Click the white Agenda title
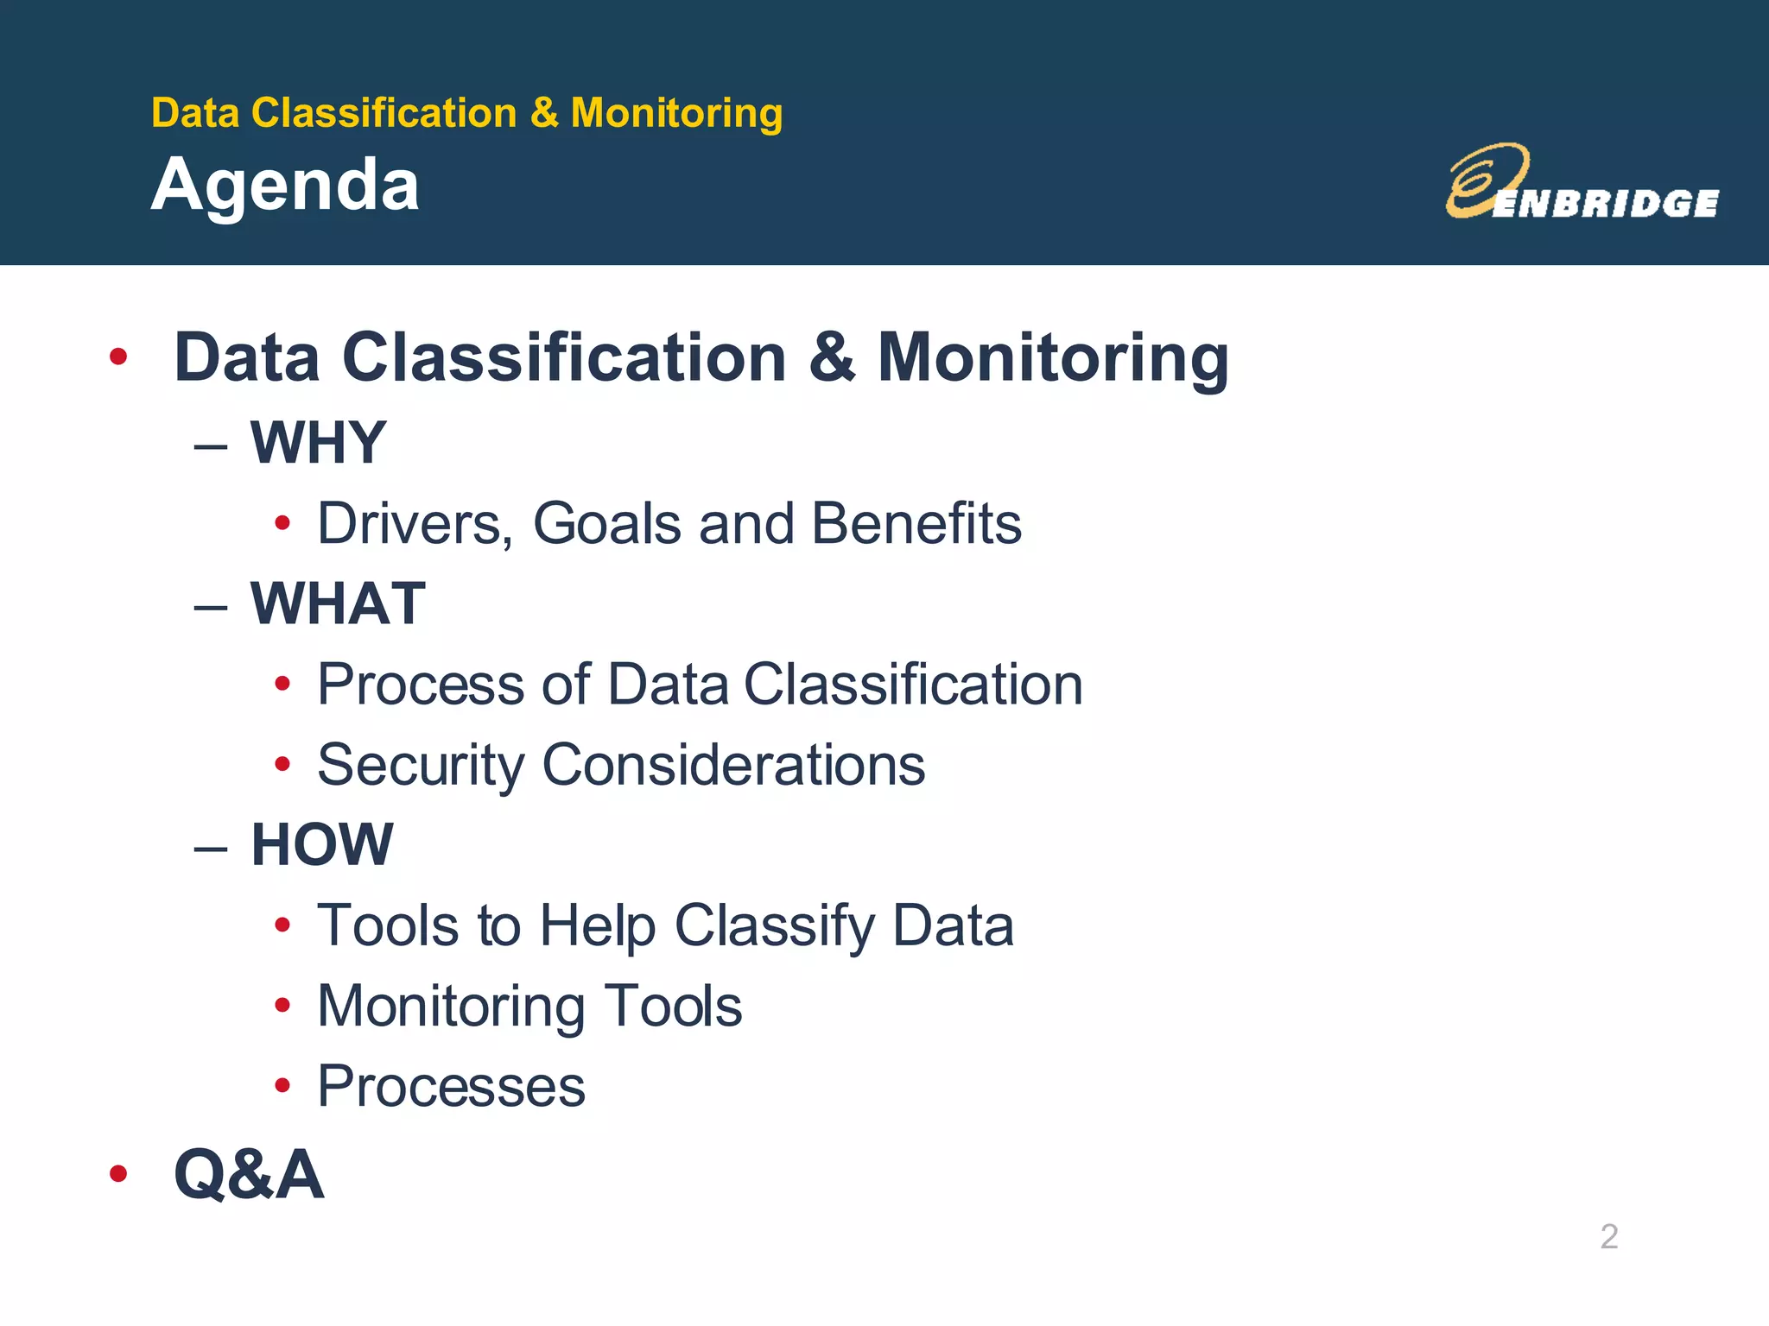point(285,186)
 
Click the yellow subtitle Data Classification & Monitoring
point(466,113)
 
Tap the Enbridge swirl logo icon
point(1484,179)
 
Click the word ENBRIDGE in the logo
point(1605,204)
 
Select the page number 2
point(1608,1236)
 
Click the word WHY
point(318,443)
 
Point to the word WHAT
point(338,603)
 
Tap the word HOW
point(322,844)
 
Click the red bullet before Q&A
point(118,1174)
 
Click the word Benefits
point(916,524)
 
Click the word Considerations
point(733,766)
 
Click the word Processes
point(451,1087)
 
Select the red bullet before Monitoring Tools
point(282,1006)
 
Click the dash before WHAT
point(211,606)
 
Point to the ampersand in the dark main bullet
point(832,357)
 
